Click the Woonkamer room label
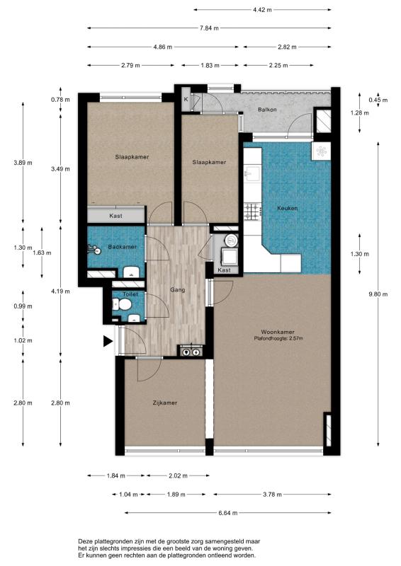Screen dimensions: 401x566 click(277, 332)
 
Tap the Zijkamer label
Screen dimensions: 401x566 click(165, 403)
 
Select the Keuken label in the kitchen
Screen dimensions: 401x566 click(288, 208)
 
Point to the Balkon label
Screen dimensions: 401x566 click(267, 110)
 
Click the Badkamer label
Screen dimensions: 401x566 click(123, 247)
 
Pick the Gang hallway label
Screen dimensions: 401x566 click(178, 289)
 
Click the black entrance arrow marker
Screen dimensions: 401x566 click(108, 341)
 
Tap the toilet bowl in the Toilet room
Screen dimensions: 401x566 click(125, 305)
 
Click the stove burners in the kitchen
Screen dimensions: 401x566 click(253, 212)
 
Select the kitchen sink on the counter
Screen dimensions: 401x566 click(252, 174)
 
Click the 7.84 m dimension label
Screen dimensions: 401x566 click(209, 28)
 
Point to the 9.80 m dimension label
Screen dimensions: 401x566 click(378, 294)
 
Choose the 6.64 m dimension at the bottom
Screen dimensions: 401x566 click(228, 513)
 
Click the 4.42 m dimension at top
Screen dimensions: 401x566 click(262, 10)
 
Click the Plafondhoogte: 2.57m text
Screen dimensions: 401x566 click(278, 339)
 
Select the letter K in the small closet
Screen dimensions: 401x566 click(186, 99)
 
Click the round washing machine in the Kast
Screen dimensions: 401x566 click(230, 239)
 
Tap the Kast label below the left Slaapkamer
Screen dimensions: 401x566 click(115, 216)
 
